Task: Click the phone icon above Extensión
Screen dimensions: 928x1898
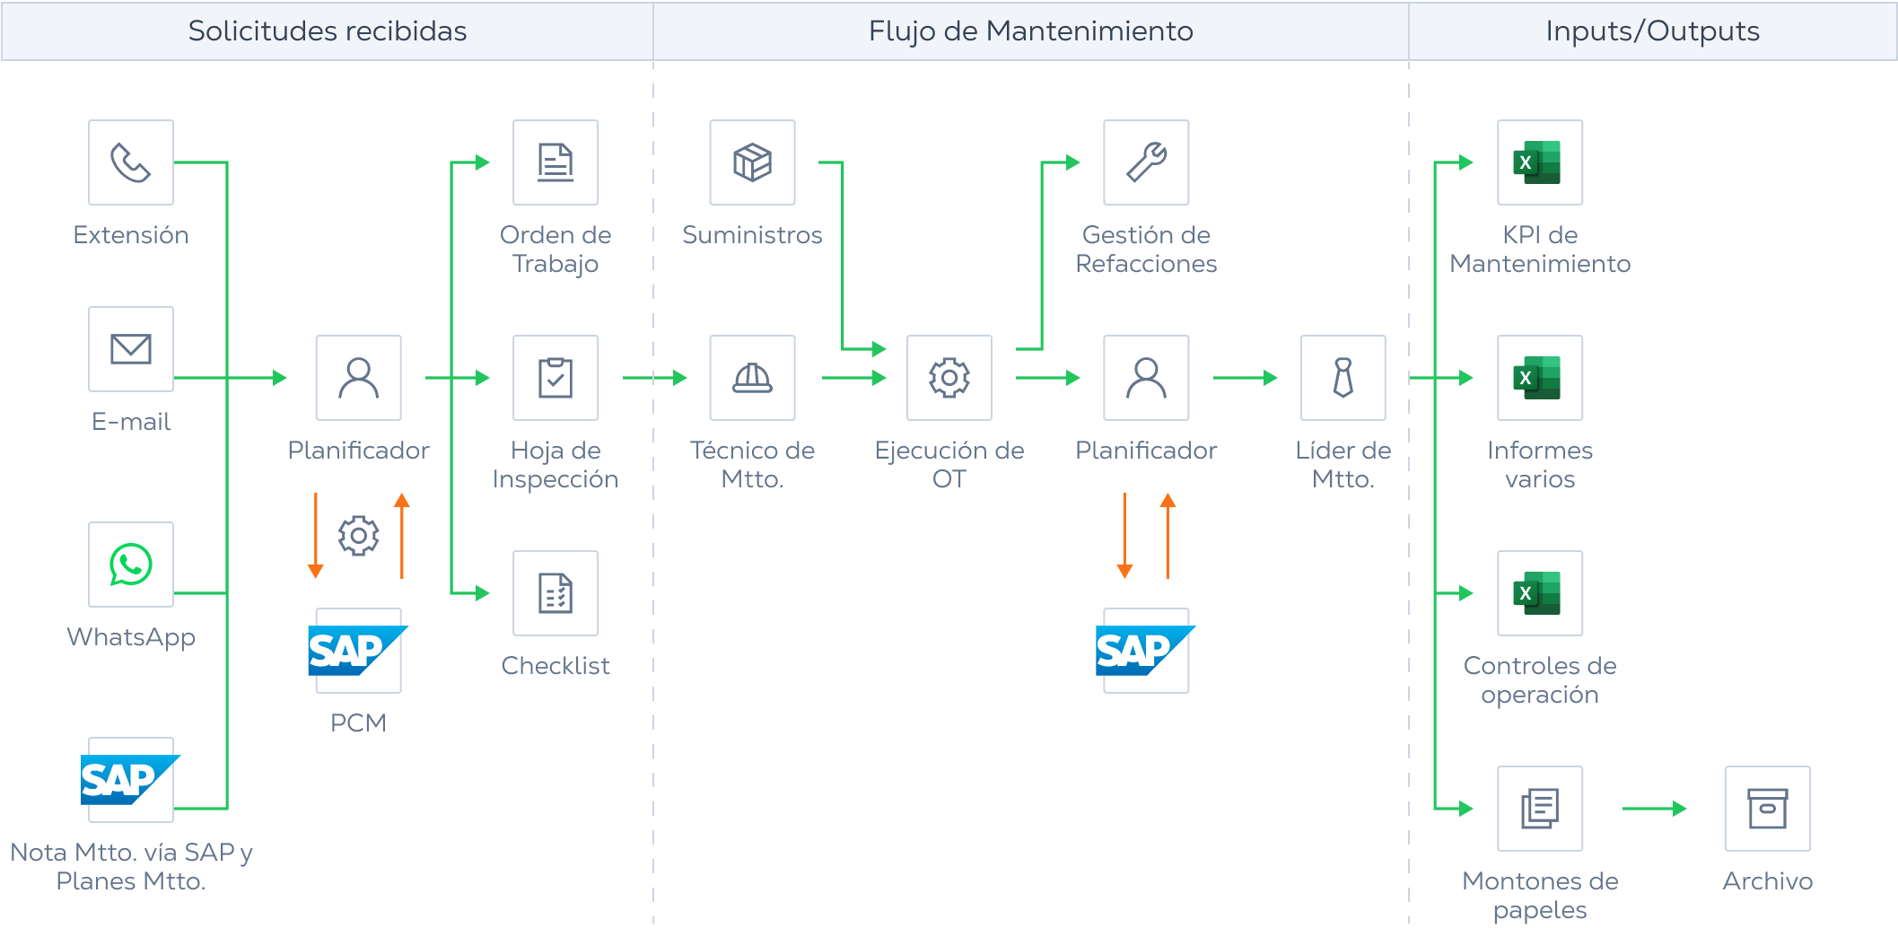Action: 131,162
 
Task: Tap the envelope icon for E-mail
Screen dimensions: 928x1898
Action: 131,349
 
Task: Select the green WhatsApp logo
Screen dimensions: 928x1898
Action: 131,565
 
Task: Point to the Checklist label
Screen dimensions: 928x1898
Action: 555,666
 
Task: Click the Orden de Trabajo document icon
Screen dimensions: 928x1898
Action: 555,162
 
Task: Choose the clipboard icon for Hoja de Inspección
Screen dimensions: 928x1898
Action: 555,378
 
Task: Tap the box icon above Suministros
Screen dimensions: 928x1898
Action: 752,162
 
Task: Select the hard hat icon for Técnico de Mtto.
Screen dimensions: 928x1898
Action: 752,378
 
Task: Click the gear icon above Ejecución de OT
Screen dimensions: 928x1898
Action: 949,378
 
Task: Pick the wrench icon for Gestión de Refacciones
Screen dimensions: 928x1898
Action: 1146,162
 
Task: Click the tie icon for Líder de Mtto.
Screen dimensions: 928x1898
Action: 1343,378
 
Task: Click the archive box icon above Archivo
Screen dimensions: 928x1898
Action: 1767,809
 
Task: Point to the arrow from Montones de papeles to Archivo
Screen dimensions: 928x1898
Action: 1654,809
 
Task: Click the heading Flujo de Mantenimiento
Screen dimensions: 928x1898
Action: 1030,31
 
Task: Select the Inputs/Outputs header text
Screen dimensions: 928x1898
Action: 1652,31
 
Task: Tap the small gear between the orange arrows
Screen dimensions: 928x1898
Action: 358,536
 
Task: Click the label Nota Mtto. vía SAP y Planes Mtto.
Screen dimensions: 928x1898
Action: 131,866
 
